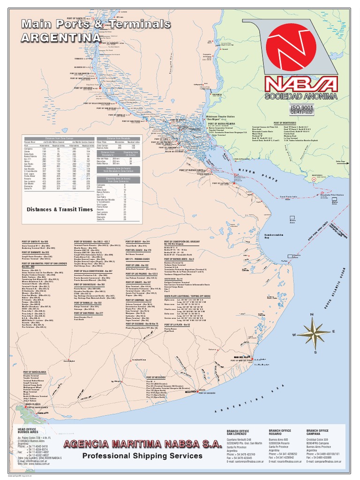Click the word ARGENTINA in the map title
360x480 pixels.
[x=60, y=37]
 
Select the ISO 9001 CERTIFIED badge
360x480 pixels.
[x=302, y=110]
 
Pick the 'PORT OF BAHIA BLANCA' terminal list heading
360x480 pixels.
[x=36, y=371]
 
